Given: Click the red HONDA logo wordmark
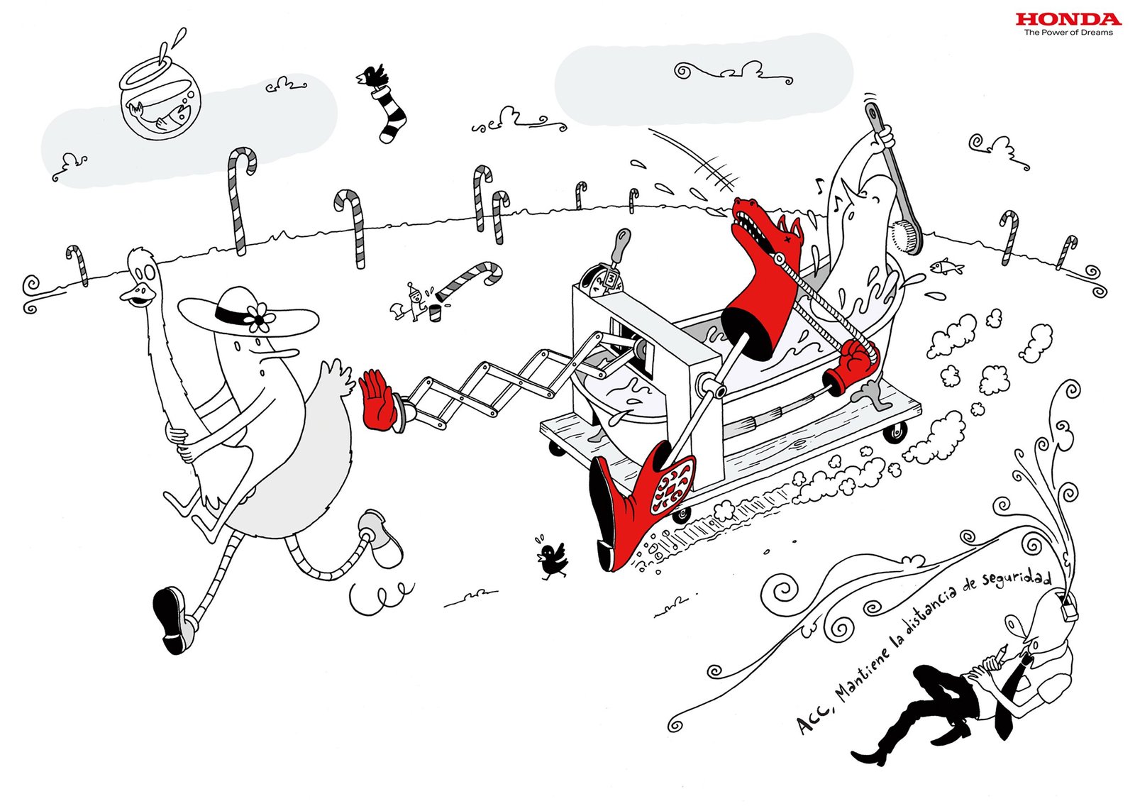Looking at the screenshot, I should tap(1068, 19).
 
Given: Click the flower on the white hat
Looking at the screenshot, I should tap(260, 317).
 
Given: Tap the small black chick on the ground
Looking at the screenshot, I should tap(551, 559).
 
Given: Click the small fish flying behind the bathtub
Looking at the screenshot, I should tap(946, 267).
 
